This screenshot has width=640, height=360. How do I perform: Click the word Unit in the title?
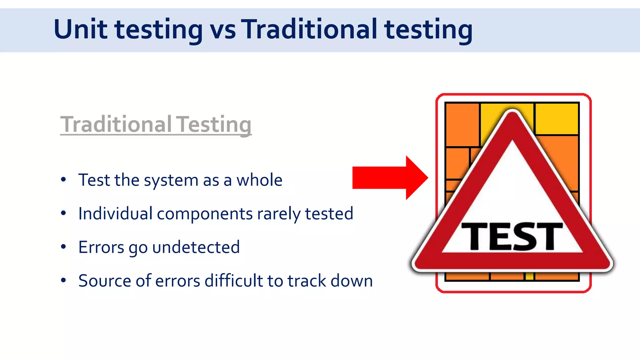80,29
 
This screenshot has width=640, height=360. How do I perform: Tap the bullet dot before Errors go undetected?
63,247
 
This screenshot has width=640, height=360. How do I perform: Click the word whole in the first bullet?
259,180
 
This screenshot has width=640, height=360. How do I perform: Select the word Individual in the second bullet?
115,214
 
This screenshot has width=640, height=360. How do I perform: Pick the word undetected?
196,247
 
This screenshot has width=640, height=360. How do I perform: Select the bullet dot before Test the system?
63,180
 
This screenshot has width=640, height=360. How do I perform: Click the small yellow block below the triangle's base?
529,276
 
